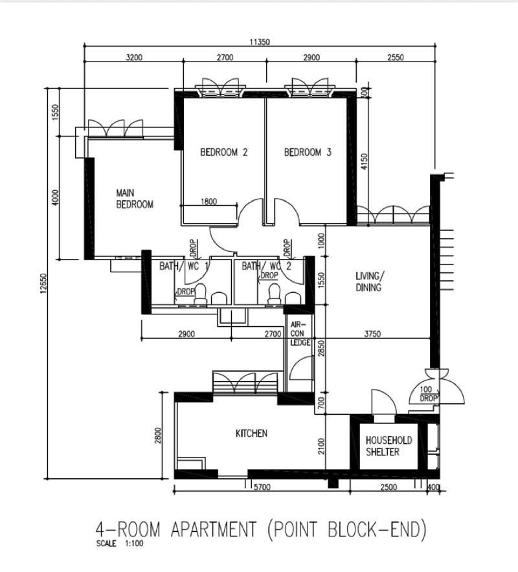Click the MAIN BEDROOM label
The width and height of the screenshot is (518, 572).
[135, 199]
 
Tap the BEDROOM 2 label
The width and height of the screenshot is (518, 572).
[223, 153]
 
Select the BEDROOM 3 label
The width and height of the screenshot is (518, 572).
[308, 153]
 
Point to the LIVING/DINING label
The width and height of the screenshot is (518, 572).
[368, 281]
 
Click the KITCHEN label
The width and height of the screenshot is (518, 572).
[251, 433]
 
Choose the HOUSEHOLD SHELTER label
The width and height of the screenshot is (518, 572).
[388, 446]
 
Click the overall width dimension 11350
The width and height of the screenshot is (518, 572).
[260, 42]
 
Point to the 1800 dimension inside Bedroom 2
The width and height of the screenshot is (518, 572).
[208, 201]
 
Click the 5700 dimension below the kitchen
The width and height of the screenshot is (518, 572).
[262, 487]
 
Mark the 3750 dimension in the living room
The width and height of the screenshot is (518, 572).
[372, 334]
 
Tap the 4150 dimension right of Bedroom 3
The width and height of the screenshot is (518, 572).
[364, 160]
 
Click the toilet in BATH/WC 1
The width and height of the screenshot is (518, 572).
[201, 294]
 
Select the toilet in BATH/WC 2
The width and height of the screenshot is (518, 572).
[273, 294]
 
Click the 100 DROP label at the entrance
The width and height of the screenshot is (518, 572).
[429, 393]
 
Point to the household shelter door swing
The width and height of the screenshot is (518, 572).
[383, 401]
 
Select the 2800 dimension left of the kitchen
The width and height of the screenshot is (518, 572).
[158, 435]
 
